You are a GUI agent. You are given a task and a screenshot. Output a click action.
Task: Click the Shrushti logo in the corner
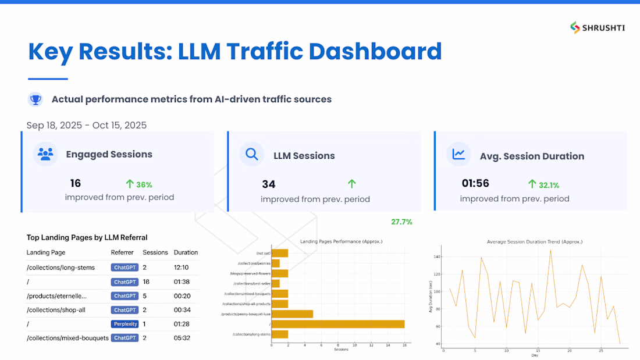[x=597, y=27]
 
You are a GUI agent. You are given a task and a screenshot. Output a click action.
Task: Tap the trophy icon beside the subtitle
[x=35, y=99]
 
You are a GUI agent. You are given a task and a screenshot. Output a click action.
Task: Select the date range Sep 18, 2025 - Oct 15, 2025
[x=87, y=125]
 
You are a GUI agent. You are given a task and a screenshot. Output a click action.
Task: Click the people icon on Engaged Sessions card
[x=45, y=154]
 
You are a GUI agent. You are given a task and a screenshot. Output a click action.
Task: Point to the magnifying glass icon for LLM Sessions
[x=252, y=155]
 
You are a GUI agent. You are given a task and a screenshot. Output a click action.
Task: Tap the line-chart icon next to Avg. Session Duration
[x=458, y=155]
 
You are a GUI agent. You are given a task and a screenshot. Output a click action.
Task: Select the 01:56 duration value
[x=475, y=183]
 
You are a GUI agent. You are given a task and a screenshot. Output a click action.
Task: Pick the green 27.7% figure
[x=401, y=222]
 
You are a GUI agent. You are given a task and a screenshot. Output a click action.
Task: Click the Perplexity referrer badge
[x=125, y=324]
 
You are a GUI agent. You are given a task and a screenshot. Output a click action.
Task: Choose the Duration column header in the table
[x=186, y=252]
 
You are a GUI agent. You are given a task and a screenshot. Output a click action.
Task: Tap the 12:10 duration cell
[x=181, y=268]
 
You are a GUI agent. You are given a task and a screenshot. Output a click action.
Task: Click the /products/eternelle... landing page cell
[x=56, y=296]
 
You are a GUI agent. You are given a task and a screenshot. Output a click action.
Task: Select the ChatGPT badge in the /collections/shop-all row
[x=125, y=310]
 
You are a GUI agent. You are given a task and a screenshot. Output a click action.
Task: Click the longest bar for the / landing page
[x=337, y=324]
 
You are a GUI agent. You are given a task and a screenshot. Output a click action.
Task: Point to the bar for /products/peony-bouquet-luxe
[x=292, y=314]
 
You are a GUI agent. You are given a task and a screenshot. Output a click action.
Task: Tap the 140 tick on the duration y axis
[x=438, y=256]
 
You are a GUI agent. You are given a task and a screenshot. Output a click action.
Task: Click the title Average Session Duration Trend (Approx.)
[x=534, y=241]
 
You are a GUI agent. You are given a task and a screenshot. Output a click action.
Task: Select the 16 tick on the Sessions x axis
[x=404, y=345]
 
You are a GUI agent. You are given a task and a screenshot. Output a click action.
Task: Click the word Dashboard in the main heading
[x=375, y=51]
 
